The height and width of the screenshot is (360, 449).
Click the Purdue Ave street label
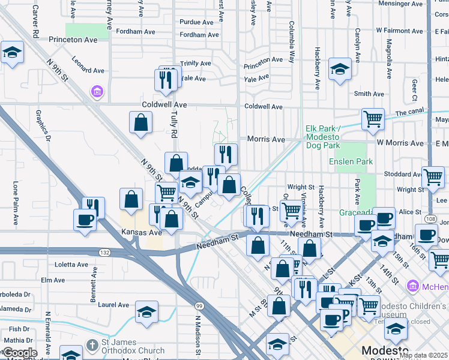tap(197, 22)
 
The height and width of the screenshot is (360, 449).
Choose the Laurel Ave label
tap(114, 305)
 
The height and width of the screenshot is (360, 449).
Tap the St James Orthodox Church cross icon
tap(91, 345)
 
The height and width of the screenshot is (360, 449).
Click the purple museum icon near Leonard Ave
tap(96, 92)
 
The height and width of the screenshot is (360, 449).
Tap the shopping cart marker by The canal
tap(373, 119)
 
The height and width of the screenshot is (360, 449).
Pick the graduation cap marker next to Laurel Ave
tap(146, 312)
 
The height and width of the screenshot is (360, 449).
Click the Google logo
tap(20, 353)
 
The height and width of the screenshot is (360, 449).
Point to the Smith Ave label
tap(369, 94)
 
